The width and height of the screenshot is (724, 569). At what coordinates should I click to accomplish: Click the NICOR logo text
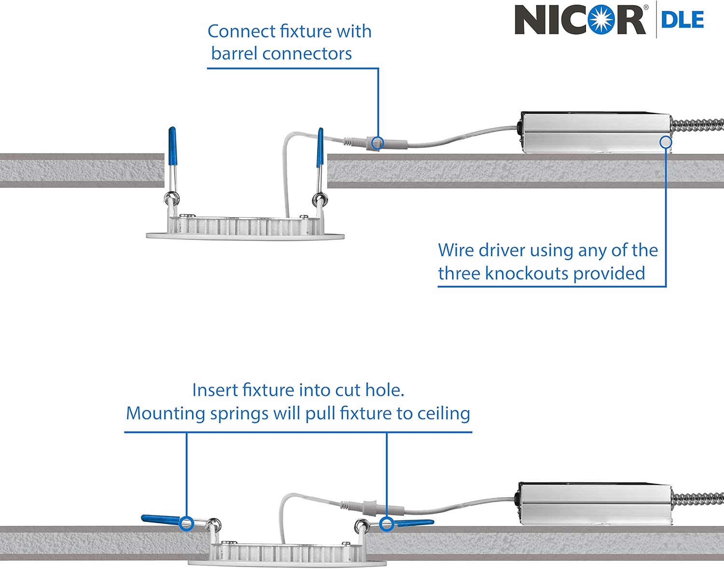[580, 20]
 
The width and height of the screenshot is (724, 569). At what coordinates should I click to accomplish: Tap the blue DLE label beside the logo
[682, 20]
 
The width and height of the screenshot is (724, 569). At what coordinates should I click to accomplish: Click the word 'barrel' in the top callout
[235, 54]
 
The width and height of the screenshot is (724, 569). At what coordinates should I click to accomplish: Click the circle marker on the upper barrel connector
[378, 143]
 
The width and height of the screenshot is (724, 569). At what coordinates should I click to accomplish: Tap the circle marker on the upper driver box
[666, 142]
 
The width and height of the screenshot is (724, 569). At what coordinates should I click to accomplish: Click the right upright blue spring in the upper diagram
[320, 148]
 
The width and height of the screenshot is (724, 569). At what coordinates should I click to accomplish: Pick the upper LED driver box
[594, 133]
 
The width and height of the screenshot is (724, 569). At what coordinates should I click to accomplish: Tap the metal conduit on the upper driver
[697, 126]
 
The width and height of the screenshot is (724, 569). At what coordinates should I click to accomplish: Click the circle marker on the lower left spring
[186, 523]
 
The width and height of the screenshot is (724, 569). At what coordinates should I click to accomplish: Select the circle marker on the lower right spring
[386, 524]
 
